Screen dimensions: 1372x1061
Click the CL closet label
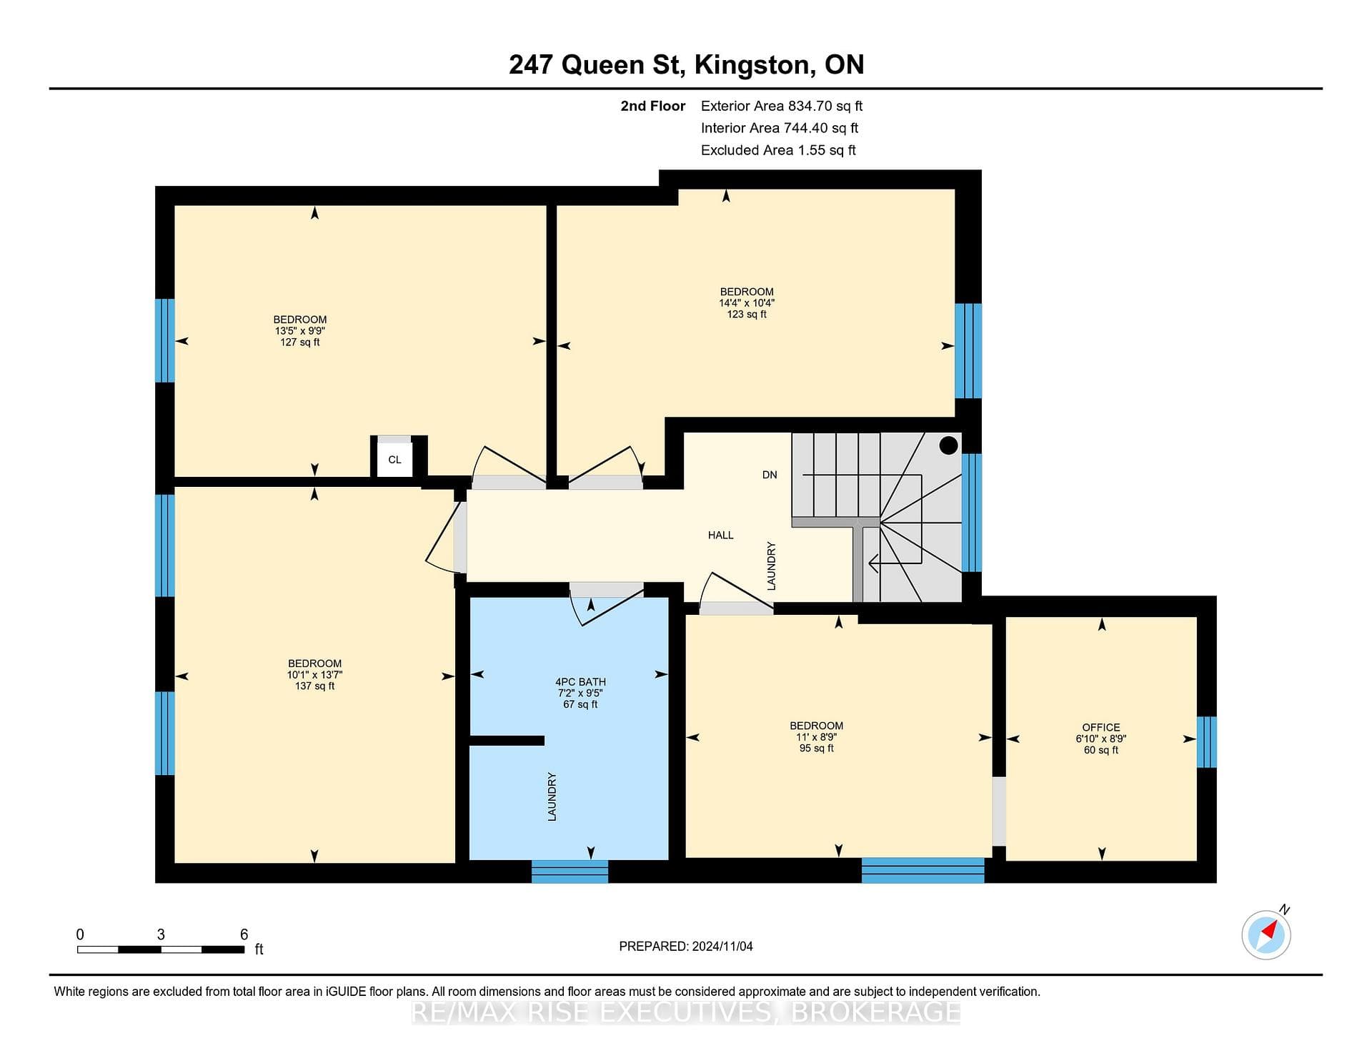[x=394, y=460]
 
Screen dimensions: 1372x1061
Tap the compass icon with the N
[x=1267, y=933]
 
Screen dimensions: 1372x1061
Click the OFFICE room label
[x=1100, y=727]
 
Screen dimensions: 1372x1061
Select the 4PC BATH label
[x=580, y=681]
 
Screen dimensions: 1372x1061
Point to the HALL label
[x=720, y=535]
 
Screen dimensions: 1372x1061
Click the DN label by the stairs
[x=770, y=475]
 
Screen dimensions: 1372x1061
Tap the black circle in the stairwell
[x=948, y=445]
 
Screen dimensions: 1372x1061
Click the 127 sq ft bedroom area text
[x=300, y=342]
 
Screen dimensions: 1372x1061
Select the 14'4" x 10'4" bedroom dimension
[x=747, y=302]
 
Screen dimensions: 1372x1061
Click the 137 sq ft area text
[x=314, y=686]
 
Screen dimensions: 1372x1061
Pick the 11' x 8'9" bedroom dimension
[x=816, y=736]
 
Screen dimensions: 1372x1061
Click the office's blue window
[x=1206, y=742]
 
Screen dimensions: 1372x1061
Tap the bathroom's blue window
[x=570, y=872]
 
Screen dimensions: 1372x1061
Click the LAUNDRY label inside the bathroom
[x=552, y=796]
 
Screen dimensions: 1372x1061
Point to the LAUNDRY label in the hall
[x=771, y=566]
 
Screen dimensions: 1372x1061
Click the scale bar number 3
[x=161, y=934]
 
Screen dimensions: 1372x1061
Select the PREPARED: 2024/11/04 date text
[x=686, y=946]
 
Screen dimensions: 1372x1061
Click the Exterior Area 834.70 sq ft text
[x=782, y=106]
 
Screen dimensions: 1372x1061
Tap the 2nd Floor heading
[x=652, y=106]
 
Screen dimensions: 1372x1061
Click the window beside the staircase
[x=971, y=513]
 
